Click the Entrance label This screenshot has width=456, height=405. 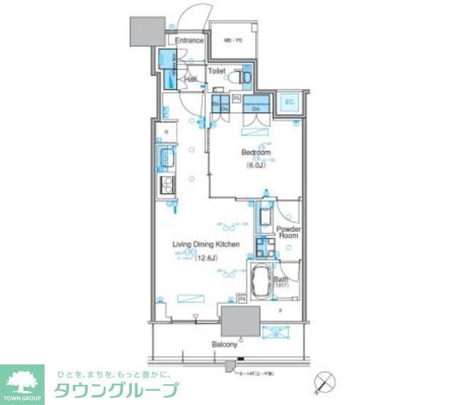[x=190, y=41]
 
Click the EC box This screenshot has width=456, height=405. [x=290, y=102]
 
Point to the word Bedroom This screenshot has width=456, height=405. [x=254, y=153]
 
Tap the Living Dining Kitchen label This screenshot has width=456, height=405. [x=205, y=244]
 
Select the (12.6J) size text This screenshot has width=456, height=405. [x=206, y=258]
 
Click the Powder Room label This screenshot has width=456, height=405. [x=289, y=232]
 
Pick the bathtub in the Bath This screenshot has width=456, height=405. [x=259, y=279]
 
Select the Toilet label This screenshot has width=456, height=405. [x=216, y=71]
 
